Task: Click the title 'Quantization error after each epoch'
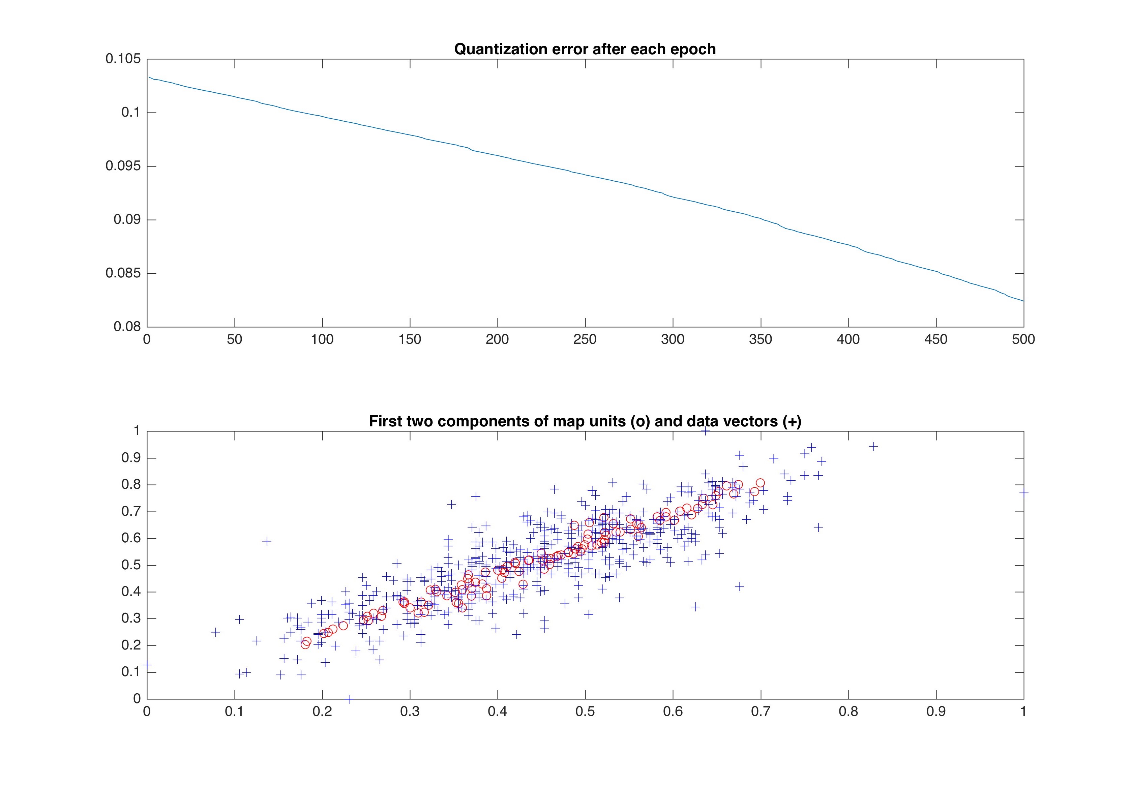pos(585,49)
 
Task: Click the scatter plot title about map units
pos(585,422)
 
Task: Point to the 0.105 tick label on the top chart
pos(123,59)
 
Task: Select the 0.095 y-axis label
pos(123,166)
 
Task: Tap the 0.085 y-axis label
pos(123,273)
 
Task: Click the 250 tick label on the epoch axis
pos(585,339)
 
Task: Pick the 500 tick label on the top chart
pos(1023,339)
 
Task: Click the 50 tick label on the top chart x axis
pos(235,339)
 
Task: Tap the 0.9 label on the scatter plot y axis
pos(131,458)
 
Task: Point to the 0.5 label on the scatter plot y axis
pos(131,565)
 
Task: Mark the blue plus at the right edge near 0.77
pos(1023,492)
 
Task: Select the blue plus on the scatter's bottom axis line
pos(349,698)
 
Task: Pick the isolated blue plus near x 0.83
pos(873,447)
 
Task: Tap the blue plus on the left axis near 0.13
pos(147,664)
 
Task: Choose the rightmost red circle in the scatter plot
pos(760,483)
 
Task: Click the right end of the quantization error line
pos(1023,301)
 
